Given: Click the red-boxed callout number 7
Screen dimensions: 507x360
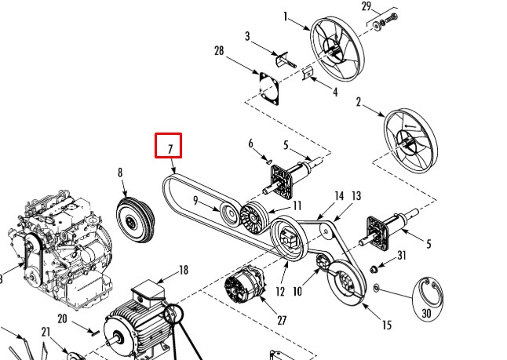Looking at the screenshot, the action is click(x=170, y=149).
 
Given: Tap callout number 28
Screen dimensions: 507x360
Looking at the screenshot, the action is click(x=219, y=51).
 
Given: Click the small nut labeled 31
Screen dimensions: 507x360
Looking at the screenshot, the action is click(x=373, y=269).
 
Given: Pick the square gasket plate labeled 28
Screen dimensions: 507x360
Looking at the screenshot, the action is click(x=269, y=88).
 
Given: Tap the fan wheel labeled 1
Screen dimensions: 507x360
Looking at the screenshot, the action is click(x=337, y=49).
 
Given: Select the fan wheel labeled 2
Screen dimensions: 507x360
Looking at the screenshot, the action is click(x=410, y=140).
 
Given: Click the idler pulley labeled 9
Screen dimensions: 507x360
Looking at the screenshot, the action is click(x=230, y=214).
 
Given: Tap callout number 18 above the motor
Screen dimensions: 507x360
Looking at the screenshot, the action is click(x=184, y=270).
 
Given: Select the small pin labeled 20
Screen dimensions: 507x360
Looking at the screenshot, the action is click(x=95, y=333).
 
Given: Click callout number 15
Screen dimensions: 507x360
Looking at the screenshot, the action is click(x=387, y=325).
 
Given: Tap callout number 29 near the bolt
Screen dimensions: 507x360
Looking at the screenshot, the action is click(x=367, y=6).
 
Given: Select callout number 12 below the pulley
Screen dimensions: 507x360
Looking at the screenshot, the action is click(x=280, y=292).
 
